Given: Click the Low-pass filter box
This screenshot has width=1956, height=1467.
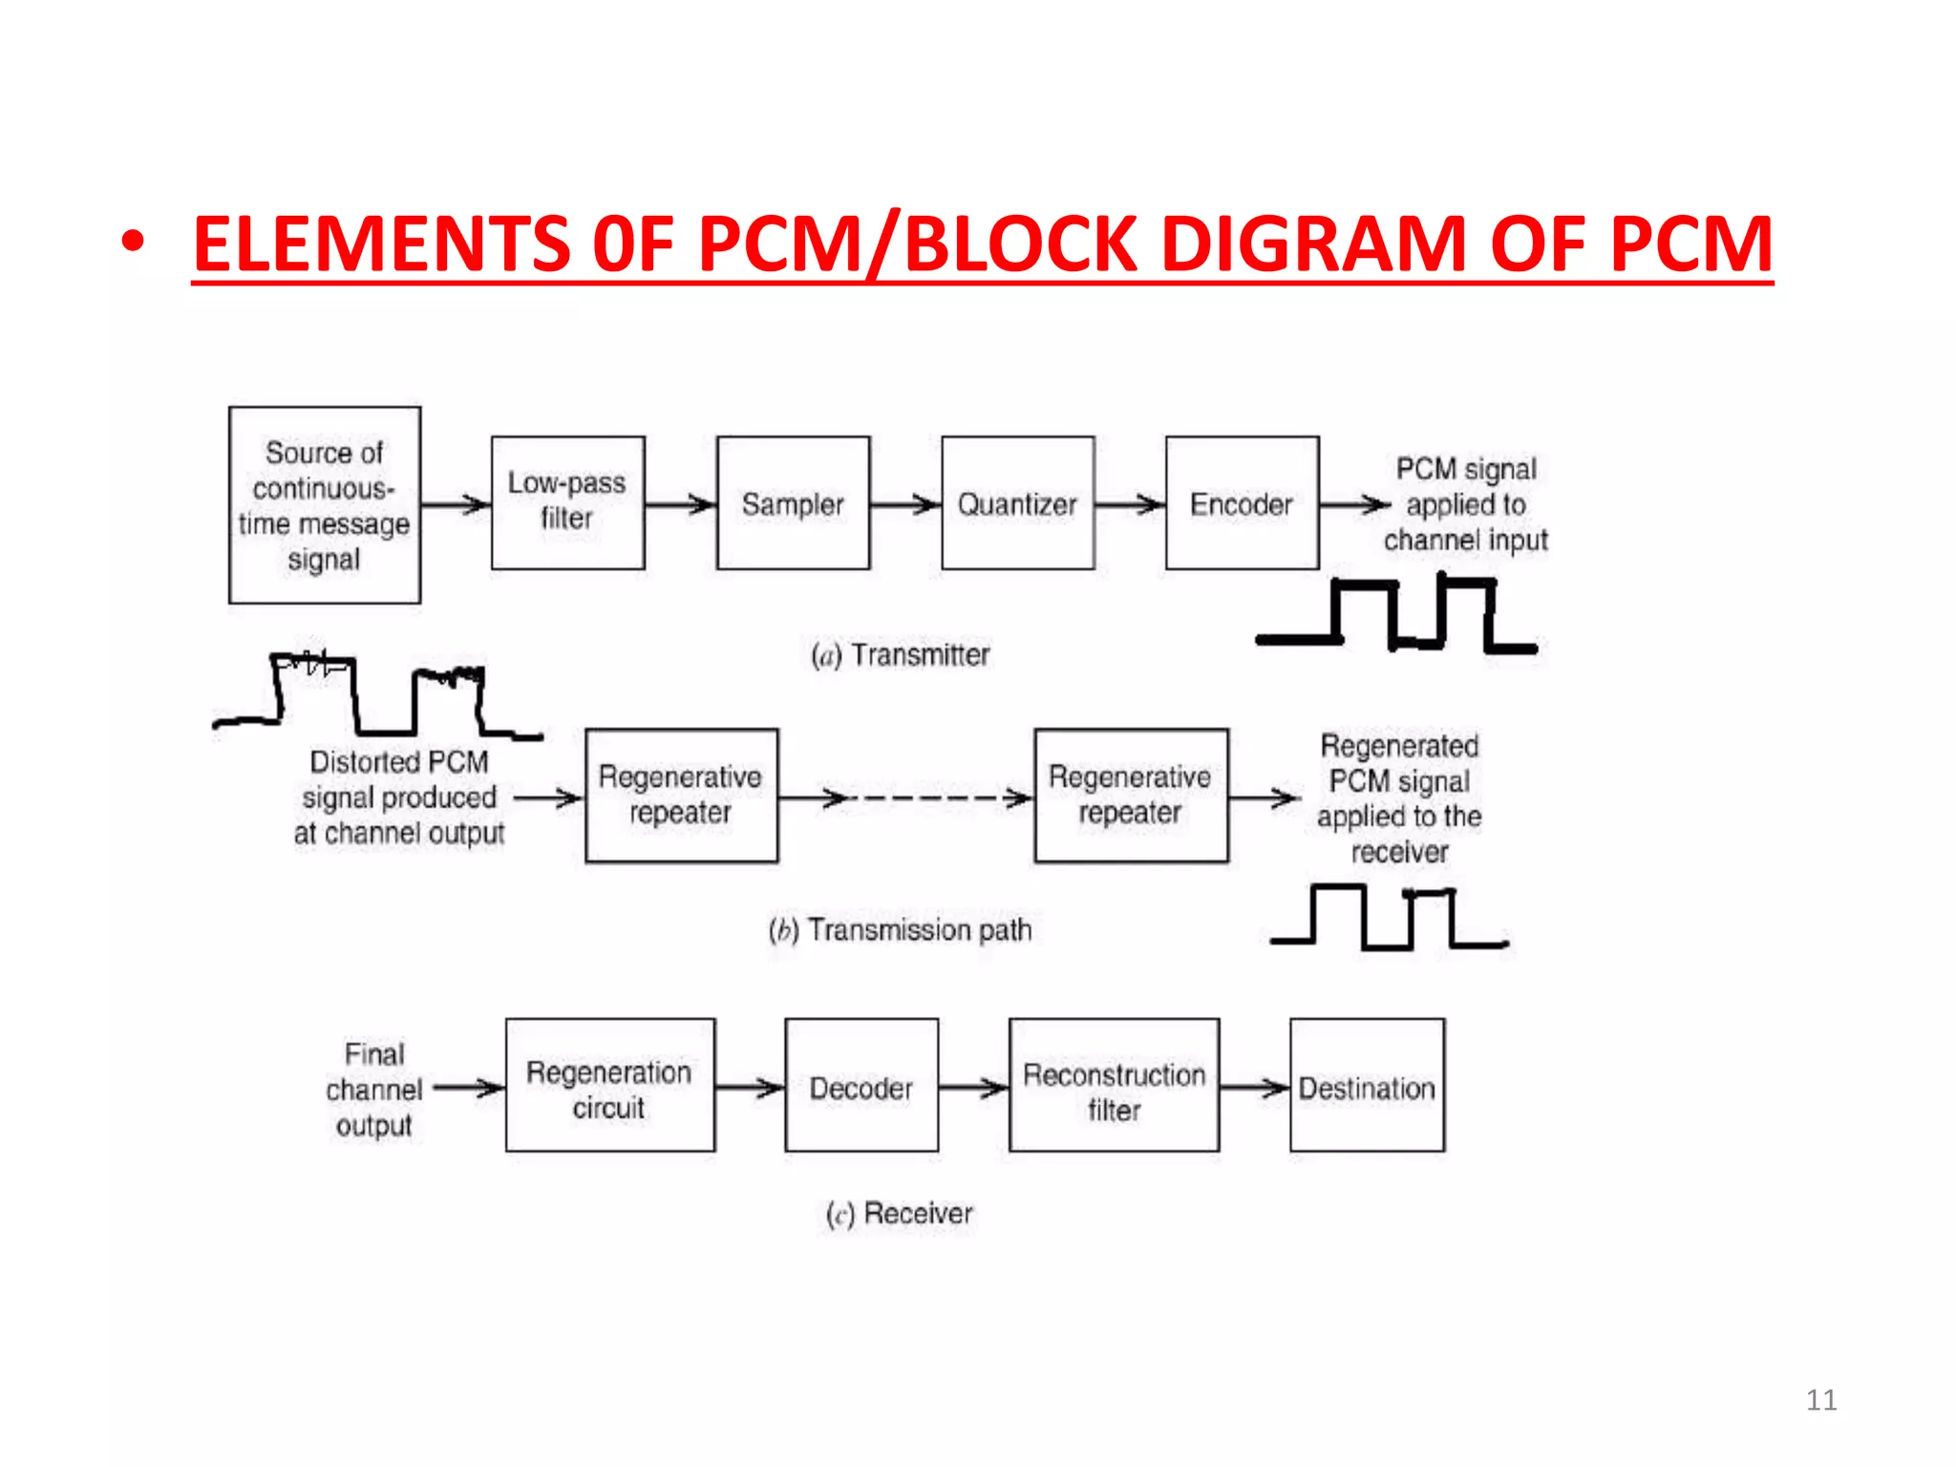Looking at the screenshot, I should (x=567, y=502).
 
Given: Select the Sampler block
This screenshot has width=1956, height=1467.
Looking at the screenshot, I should (x=793, y=502).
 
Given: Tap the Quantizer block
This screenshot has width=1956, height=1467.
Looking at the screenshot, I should (x=1017, y=502).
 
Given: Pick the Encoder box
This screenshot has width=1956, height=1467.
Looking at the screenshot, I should (x=1242, y=502).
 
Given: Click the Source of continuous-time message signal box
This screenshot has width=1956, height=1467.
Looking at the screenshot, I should (x=325, y=505).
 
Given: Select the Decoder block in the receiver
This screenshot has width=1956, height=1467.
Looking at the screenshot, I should (x=861, y=1085).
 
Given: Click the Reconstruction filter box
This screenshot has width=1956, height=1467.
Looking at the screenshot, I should (x=1114, y=1085).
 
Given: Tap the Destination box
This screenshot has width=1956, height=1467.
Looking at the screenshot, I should (x=1367, y=1085).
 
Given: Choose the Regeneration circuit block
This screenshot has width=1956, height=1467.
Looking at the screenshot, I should (x=609, y=1085).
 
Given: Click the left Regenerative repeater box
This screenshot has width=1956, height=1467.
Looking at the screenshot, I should (x=681, y=796).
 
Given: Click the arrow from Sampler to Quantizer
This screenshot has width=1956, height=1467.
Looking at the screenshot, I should (x=905, y=504).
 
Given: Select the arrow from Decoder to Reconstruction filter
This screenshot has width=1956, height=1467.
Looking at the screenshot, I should (x=973, y=1086).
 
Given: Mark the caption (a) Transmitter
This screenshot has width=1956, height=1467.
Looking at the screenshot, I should (x=900, y=655).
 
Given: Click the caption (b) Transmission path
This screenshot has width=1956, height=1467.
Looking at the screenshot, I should (x=900, y=929).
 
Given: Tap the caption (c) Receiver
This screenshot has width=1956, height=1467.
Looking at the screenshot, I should (x=899, y=1213).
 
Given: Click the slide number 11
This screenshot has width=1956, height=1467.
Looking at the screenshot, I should (x=1820, y=1400).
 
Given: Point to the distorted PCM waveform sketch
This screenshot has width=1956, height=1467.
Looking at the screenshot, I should (x=377, y=697).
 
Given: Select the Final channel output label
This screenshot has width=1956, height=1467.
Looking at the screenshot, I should (x=374, y=1090).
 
